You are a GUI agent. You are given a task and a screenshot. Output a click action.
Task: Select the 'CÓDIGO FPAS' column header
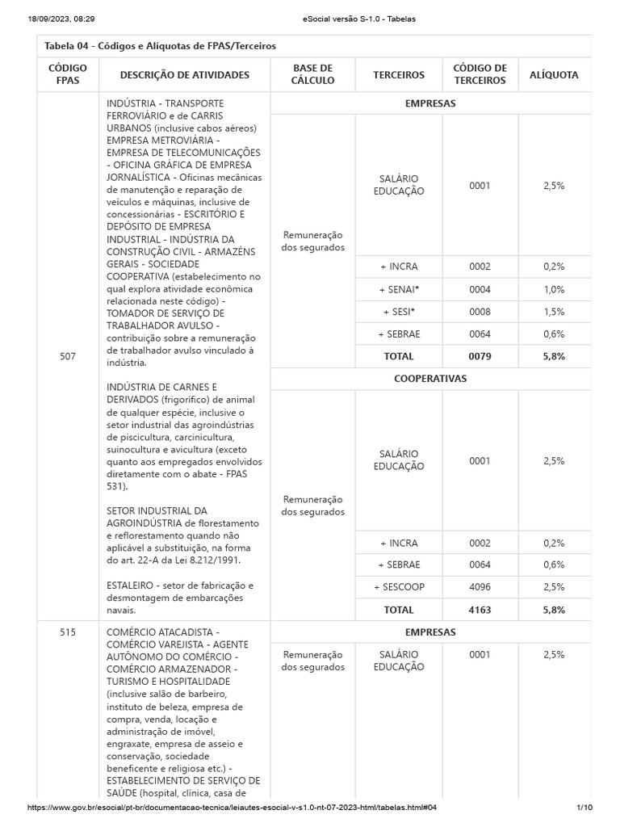click(68, 75)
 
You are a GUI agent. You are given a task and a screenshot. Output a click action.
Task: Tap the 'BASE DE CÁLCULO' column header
click(312, 75)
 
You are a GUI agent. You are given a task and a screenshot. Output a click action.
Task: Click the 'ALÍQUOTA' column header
click(554, 75)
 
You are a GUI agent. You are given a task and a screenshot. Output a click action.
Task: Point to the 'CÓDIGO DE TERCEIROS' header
click(480, 75)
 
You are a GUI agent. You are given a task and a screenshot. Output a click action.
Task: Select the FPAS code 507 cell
click(68, 355)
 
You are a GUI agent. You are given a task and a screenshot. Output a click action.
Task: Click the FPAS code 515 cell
click(68, 632)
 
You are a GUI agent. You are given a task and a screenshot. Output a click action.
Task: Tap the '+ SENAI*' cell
click(399, 289)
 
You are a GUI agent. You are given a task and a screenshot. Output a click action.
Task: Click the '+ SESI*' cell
click(399, 312)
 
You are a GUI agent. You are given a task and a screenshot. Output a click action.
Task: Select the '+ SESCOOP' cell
click(399, 587)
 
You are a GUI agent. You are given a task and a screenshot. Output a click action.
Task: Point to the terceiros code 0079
click(480, 356)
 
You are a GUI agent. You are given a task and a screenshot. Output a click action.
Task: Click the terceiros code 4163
click(480, 610)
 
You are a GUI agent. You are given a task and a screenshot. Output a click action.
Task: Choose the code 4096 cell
click(480, 587)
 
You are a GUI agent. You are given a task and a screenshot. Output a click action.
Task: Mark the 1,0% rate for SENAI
click(554, 289)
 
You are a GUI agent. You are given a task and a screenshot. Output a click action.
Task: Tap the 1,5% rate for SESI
click(554, 312)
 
